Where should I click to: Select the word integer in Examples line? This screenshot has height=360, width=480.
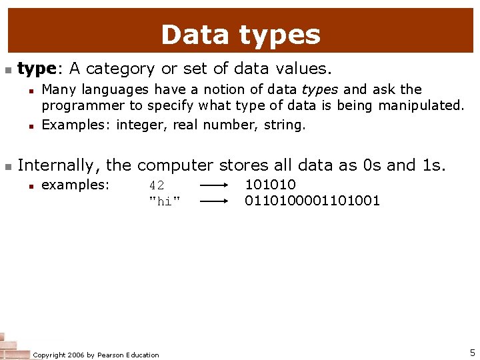pos(142,125)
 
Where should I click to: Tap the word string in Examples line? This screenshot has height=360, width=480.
pos(284,125)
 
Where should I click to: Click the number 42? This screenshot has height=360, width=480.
pos(157,185)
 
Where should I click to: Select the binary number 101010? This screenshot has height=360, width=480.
pos(270,185)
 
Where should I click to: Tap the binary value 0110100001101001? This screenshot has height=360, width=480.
pos(312,201)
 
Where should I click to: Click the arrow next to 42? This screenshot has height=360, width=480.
pos(215,185)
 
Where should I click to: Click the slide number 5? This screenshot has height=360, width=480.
pos(472,353)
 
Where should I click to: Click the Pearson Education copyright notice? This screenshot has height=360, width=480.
pos(96,355)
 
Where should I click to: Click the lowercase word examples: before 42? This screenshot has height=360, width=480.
pos(75,185)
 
